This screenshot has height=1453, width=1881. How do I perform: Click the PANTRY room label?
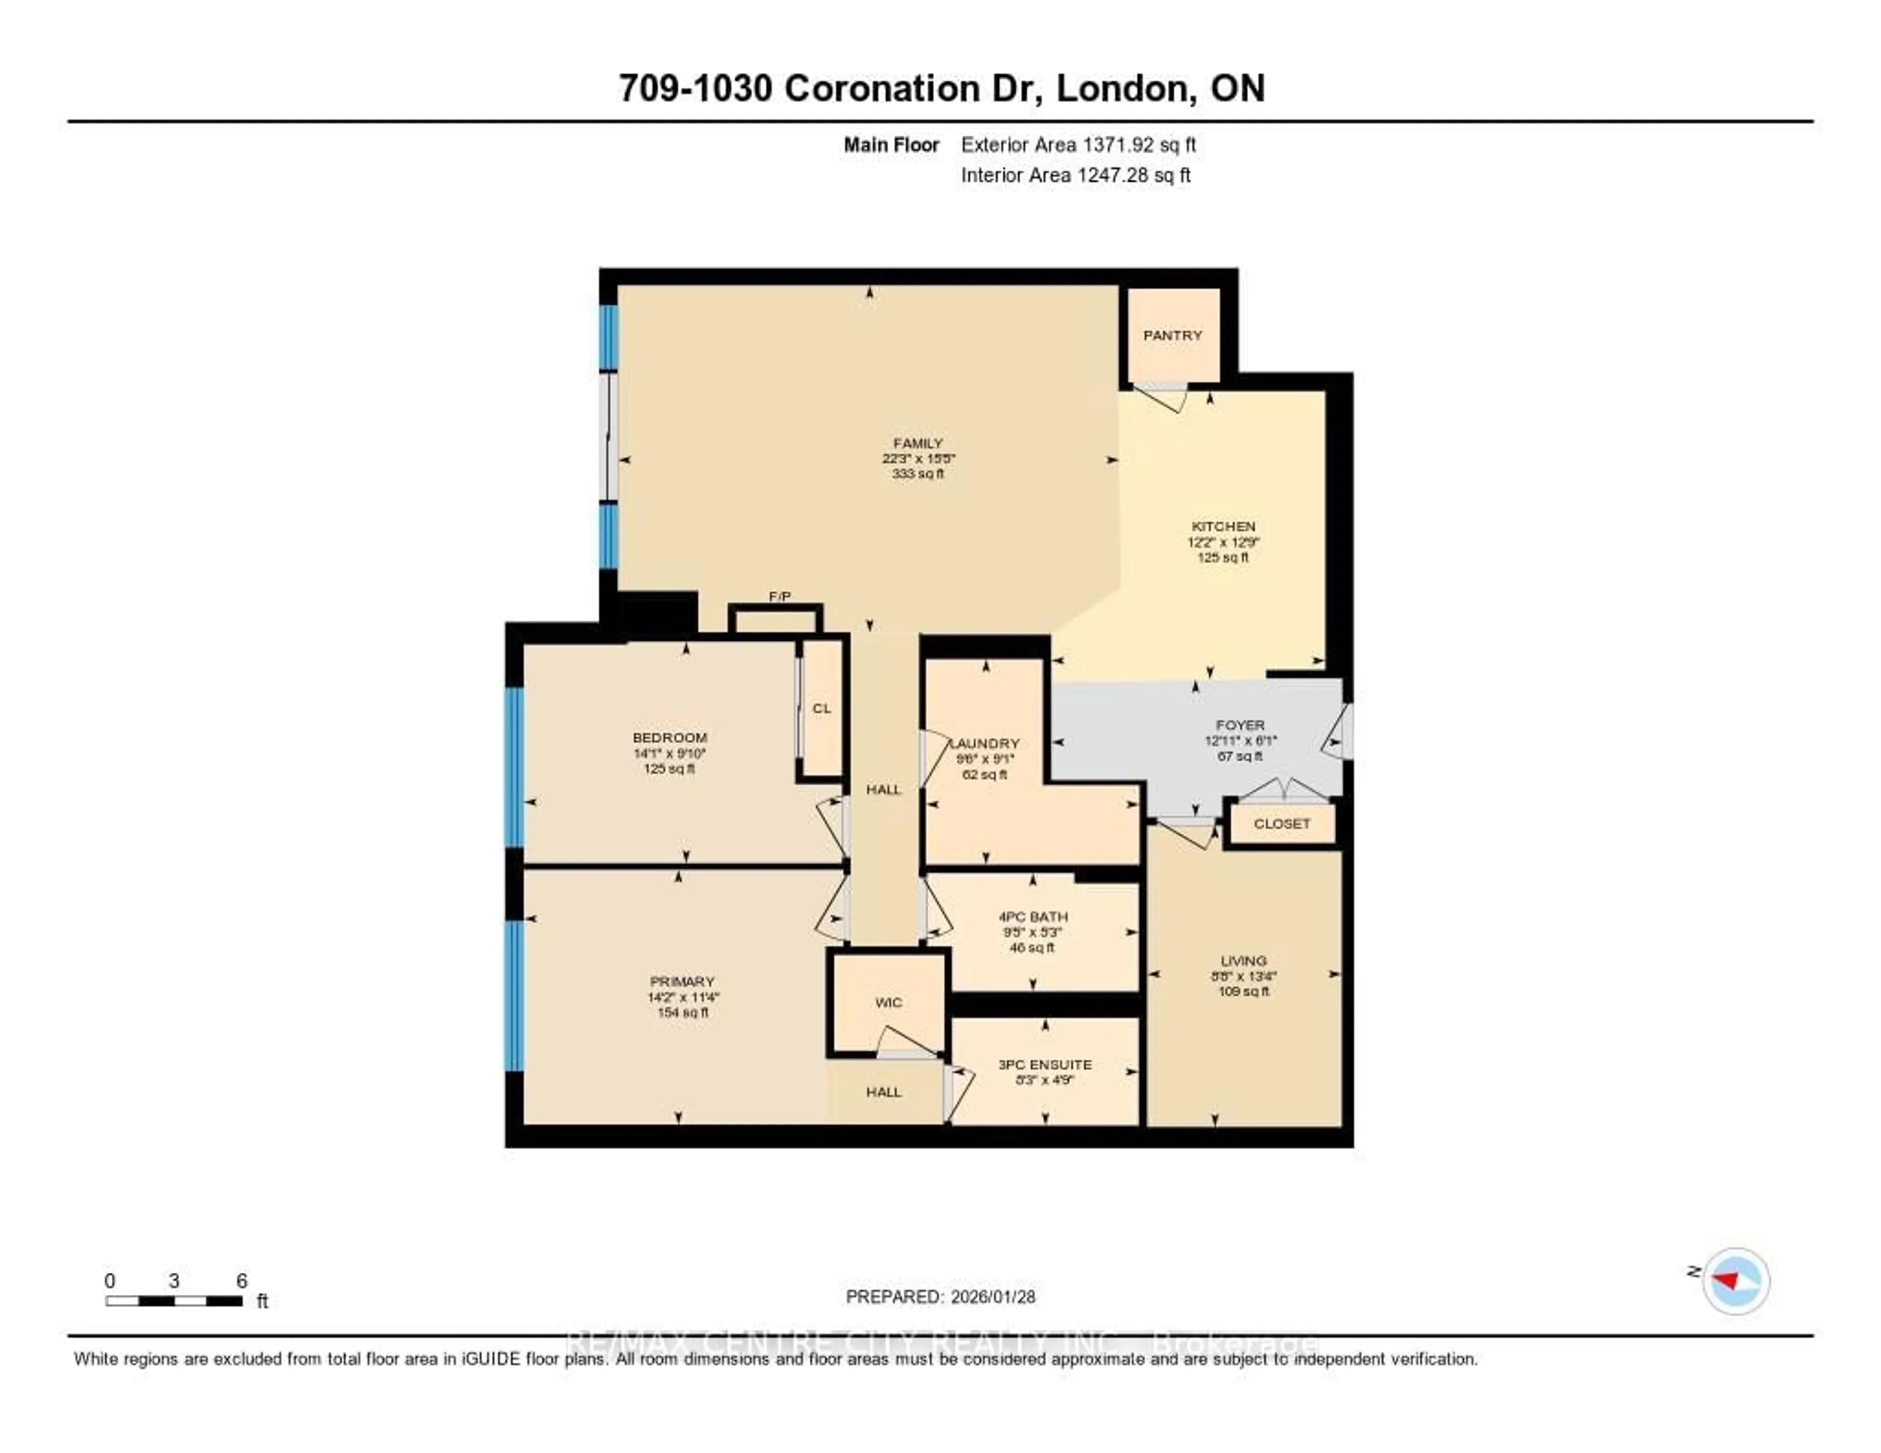click(1172, 335)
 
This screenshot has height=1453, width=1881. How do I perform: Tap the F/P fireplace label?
click(779, 596)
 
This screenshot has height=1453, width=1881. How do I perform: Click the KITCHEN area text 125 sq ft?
click(1222, 557)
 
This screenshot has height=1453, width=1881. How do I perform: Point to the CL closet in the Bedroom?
click(821, 708)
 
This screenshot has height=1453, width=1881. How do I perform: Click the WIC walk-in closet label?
click(888, 1002)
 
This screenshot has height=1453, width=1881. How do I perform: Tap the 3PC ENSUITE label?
click(1045, 1065)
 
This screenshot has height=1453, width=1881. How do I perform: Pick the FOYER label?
click(1240, 725)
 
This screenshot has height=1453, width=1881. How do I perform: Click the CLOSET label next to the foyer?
click(1281, 823)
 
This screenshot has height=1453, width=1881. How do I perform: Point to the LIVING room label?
click(1243, 960)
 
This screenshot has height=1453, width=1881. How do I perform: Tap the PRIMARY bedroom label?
click(682, 981)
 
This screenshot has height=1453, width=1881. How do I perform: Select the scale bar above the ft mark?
click(174, 1301)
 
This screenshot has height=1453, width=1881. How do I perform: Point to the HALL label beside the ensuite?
click(884, 1091)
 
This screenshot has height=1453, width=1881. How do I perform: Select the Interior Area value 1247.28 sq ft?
click(1132, 175)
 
